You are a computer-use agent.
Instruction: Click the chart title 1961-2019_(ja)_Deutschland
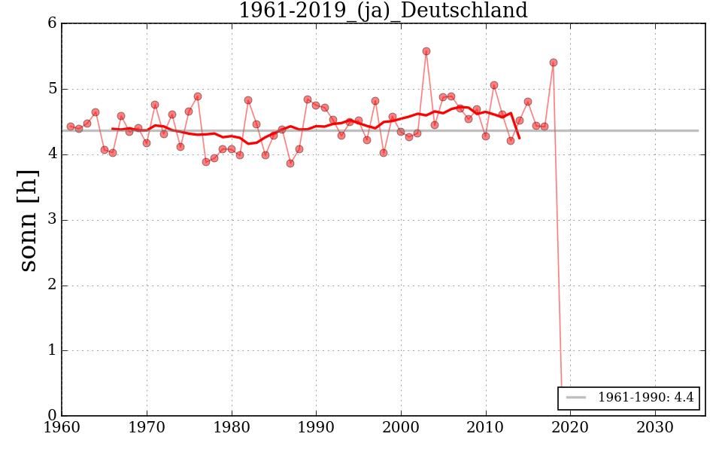click(x=383, y=11)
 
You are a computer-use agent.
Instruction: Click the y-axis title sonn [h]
click(x=28, y=219)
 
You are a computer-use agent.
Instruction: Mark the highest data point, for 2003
click(x=426, y=51)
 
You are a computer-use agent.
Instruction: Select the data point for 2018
click(x=554, y=63)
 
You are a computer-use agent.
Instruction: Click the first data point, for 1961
click(x=71, y=127)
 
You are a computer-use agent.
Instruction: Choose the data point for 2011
click(x=494, y=85)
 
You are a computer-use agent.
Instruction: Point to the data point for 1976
click(x=198, y=96)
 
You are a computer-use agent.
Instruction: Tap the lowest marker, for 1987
click(x=290, y=163)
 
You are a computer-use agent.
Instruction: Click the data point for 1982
click(x=248, y=100)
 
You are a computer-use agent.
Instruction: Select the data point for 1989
click(x=308, y=99)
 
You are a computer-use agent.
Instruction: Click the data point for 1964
click(x=96, y=112)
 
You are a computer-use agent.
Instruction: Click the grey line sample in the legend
click(x=577, y=398)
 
